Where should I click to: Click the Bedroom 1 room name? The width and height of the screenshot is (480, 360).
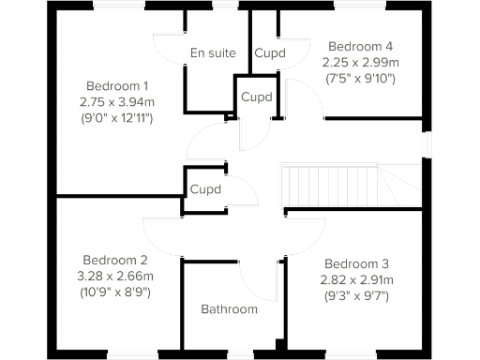click(x=116, y=83)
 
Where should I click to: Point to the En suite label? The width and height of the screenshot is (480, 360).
click(x=212, y=53)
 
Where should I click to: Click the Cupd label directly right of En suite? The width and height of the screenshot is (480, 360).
click(x=270, y=53)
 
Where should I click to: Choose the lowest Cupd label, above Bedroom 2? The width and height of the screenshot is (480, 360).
click(x=205, y=188)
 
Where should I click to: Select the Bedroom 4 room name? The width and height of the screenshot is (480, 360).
click(x=358, y=47)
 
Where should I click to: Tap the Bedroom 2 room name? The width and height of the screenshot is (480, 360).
click(x=115, y=260)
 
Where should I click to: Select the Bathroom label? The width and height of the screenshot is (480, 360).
click(x=229, y=309)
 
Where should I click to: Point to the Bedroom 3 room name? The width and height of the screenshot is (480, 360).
click(x=357, y=264)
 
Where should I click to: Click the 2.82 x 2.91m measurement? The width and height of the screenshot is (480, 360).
click(x=357, y=279)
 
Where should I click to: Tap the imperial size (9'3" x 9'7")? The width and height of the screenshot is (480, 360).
click(x=357, y=295)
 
